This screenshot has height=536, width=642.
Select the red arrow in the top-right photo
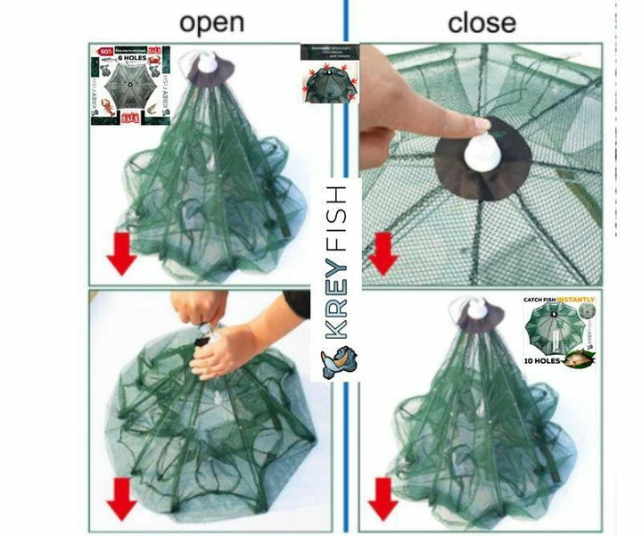pyautogui.click(x=383, y=254)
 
